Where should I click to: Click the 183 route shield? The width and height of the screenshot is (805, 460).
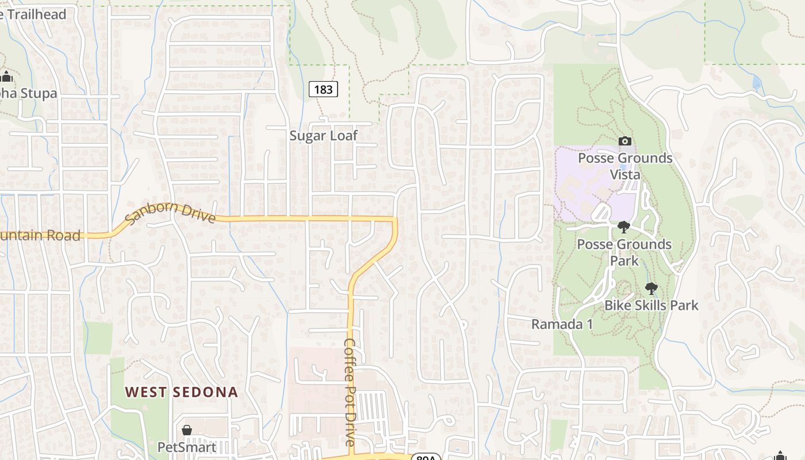tap(323, 89)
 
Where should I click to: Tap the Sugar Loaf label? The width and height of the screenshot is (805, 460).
tap(323, 136)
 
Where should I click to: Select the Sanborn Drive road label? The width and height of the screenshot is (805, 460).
tap(170, 214)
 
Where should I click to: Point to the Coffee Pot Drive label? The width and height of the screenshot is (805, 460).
tap(350, 392)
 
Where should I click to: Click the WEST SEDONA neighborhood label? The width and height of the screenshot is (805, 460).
tap(181, 392)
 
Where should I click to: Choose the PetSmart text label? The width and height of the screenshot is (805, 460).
tap(187, 447)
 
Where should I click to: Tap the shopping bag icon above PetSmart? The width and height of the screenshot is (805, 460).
tap(187, 430)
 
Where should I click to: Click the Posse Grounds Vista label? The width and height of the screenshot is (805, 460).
tap(625, 166)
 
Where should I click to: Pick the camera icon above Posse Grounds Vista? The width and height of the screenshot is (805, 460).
tap(625, 141)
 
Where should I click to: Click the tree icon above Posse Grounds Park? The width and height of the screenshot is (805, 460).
tap(624, 227)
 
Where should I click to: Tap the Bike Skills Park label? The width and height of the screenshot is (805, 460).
tap(651, 305)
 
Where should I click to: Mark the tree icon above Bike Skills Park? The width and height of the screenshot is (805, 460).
tap(651, 288)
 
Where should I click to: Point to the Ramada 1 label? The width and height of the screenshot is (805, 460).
tap(562, 324)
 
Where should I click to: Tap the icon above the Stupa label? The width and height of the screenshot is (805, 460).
tap(6, 76)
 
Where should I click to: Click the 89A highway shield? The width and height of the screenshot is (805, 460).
tap(426, 457)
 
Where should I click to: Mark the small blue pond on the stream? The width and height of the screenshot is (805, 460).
tap(756, 84)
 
